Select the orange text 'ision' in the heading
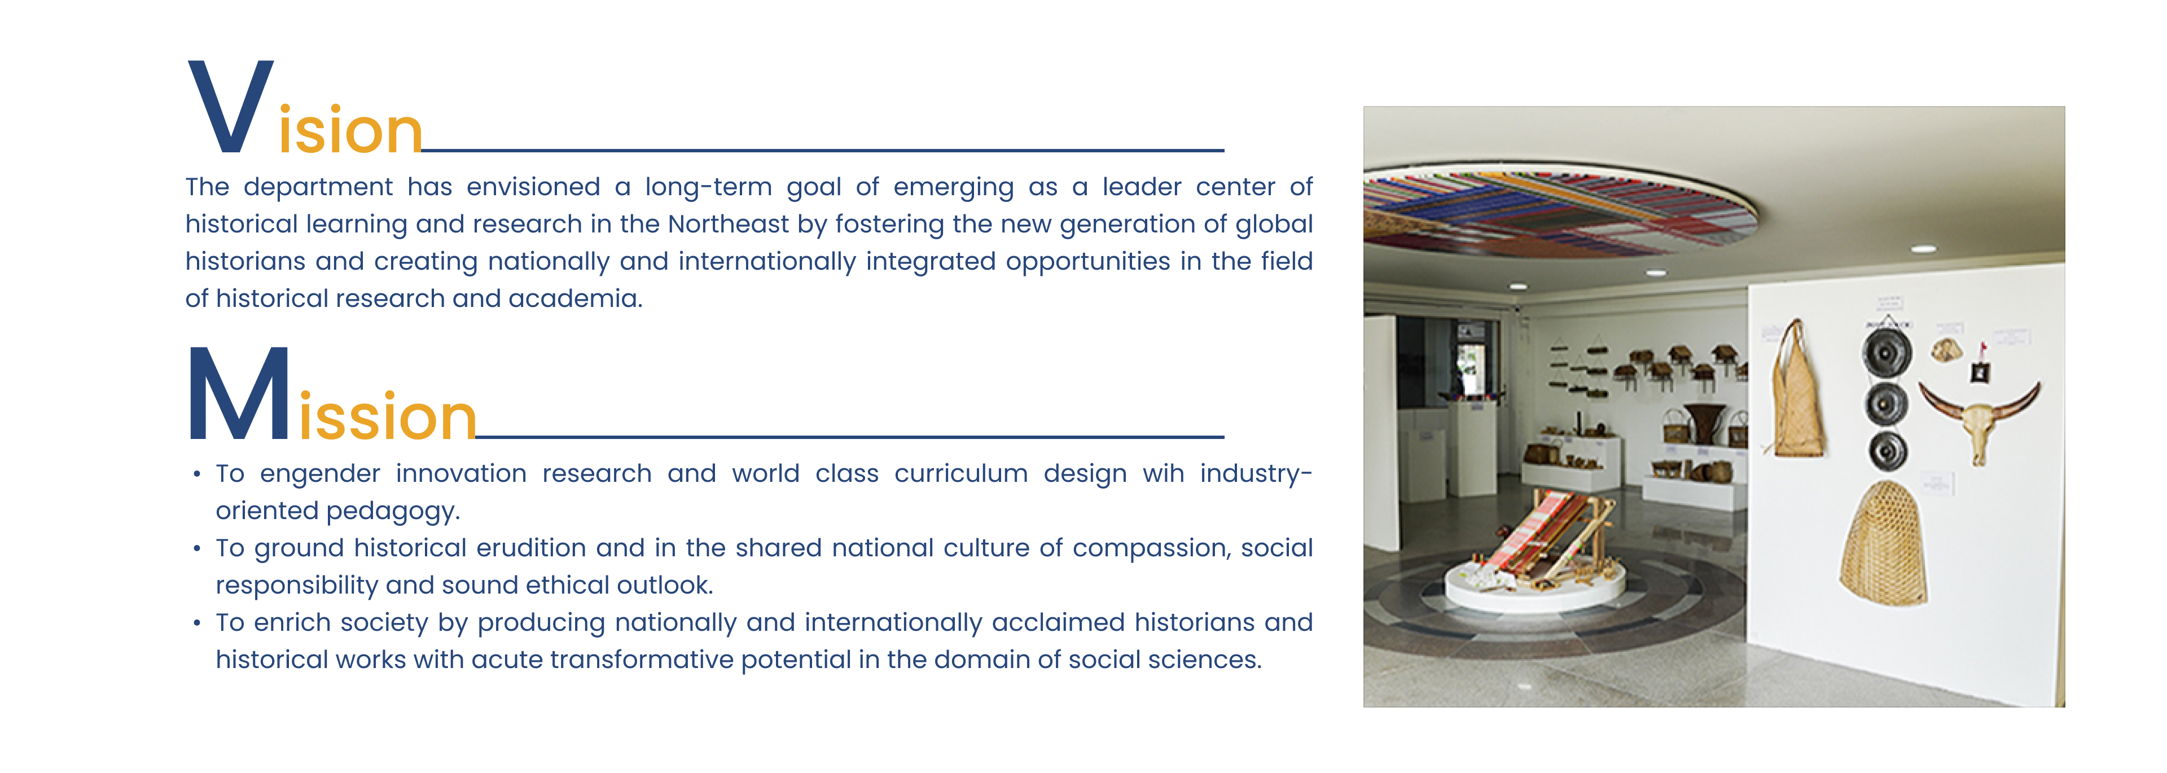[349, 130]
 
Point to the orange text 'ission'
[388, 415]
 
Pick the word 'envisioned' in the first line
[533, 187]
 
